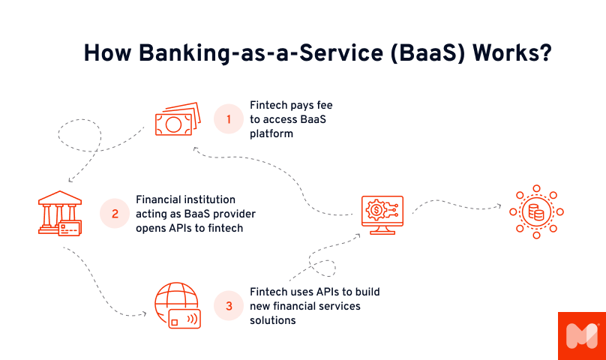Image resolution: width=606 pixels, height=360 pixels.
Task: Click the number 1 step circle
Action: (x=229, y=118)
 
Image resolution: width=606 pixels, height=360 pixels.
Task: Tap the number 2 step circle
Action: (x=115, y=213)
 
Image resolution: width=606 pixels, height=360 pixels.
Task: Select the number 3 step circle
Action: (x=229, y=306)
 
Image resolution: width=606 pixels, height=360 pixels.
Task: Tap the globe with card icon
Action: (x=175, y=306)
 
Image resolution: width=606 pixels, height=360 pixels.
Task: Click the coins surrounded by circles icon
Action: (x=536, y=211)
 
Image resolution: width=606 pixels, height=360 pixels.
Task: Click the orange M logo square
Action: (x=581, y=335)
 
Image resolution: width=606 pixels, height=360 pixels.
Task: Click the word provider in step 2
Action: (x=232, y=214)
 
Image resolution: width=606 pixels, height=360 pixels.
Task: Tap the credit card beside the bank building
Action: (x=70, y=227)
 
